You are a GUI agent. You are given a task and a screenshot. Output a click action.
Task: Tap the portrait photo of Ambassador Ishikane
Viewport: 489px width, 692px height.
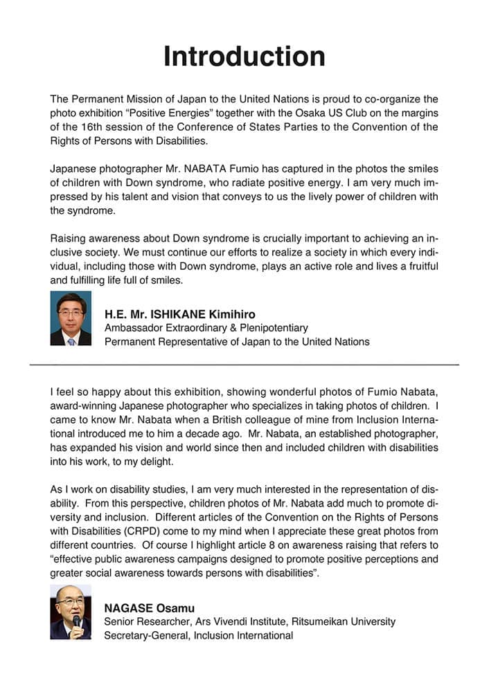[x=71, y=318]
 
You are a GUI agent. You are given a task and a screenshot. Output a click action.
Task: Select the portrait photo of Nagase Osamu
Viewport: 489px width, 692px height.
[x=71, y=612]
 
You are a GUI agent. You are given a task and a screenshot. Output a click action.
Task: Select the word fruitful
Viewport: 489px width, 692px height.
[x=417, y=266]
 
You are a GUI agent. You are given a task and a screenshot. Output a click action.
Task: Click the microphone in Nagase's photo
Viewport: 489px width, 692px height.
[x=77, y=621]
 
